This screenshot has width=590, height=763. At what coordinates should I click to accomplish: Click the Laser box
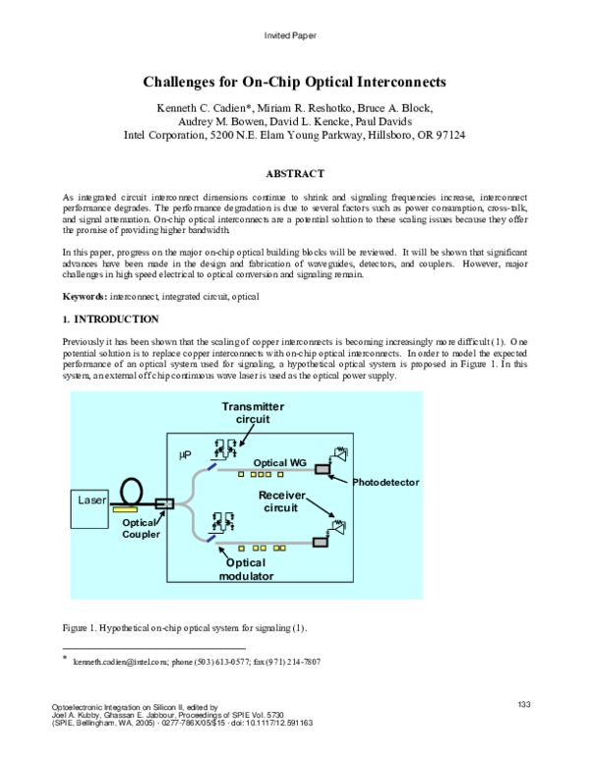[89, 507]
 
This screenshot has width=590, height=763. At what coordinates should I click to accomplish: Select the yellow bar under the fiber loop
[125, 509]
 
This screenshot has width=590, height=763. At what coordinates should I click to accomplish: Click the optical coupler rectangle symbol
[164, 503]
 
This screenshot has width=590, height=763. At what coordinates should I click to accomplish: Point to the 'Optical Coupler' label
[140, 528]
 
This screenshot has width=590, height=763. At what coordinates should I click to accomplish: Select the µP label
[184, 455]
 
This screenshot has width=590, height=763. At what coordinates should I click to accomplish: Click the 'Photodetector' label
[385, 483]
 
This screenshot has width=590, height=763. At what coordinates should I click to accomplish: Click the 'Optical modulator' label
[246, 569]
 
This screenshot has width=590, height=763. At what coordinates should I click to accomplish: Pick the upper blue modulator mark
[211, 452]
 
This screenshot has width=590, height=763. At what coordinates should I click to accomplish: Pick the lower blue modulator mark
[211, 537]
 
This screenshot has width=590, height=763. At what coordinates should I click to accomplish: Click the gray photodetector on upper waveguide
[322, 469]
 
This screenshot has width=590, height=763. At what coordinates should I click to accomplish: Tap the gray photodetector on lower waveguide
[319, 541]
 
